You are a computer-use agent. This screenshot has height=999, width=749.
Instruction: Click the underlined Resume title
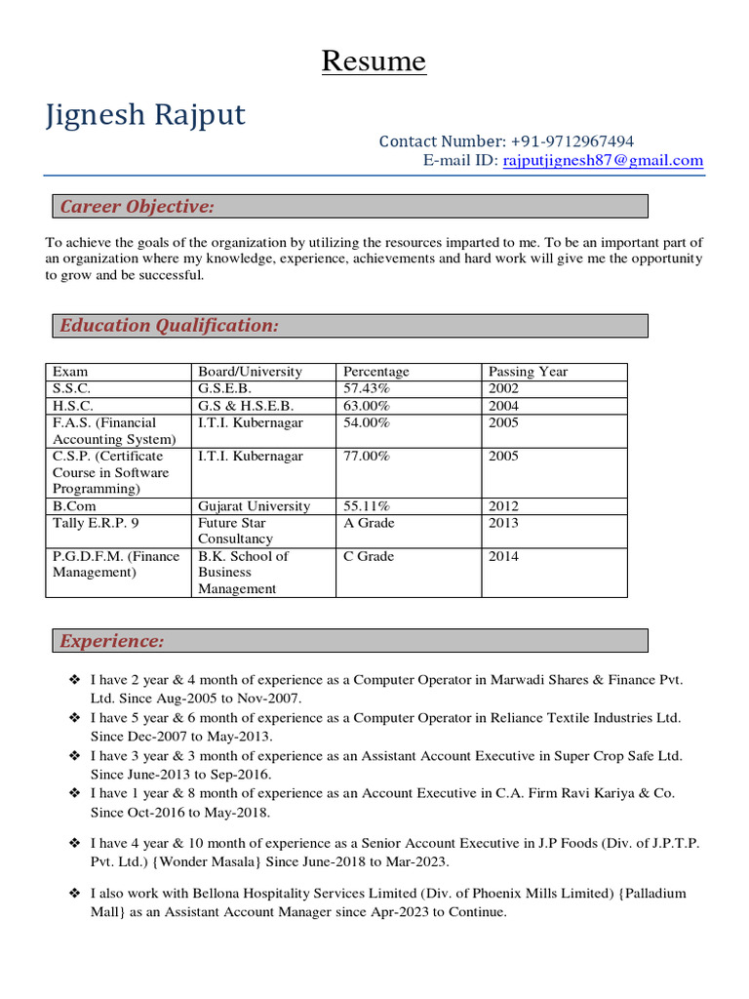coord(374,61)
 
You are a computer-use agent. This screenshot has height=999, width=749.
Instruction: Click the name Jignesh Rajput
coord(146,115)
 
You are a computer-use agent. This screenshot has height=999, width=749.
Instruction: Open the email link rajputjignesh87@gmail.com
coord(603,161)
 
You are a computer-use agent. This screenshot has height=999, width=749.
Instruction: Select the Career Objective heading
coord(137,206)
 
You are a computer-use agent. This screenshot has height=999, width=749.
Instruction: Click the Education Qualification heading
coord(169,326)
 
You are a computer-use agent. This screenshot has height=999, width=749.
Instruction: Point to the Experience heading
coord(112,641)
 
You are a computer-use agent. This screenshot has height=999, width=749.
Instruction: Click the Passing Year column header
coord(528,372)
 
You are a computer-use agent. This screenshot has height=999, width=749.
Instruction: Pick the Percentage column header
coord(376,372)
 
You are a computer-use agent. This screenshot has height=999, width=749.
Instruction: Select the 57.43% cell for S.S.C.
coord(367,388)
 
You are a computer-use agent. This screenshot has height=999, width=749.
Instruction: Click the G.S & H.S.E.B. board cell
coord(246,405)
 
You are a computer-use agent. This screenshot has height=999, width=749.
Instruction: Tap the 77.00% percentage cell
coord(367,456)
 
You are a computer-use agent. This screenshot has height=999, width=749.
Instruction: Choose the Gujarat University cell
coord(254,506)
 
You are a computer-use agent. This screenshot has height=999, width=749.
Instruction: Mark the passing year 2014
coord(503,556)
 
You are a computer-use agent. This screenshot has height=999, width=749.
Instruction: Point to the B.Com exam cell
coord(74,506)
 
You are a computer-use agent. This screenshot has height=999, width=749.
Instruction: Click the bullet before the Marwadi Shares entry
coord(74,680)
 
